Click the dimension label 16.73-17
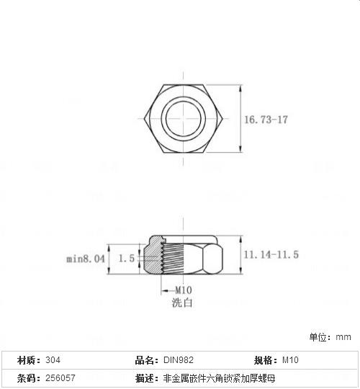tap(266, 120)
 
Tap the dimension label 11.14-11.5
tap(271, 255)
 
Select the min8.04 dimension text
tap(86, 259)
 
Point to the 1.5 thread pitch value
tap(127, 259)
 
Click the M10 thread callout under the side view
tap(184, 290)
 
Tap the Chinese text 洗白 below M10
tap(182, 303)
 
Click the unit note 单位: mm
tap(330, 337)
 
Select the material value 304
tap(53, 360)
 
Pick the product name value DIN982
tap(179, 360)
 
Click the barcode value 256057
tap(60, 378)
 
